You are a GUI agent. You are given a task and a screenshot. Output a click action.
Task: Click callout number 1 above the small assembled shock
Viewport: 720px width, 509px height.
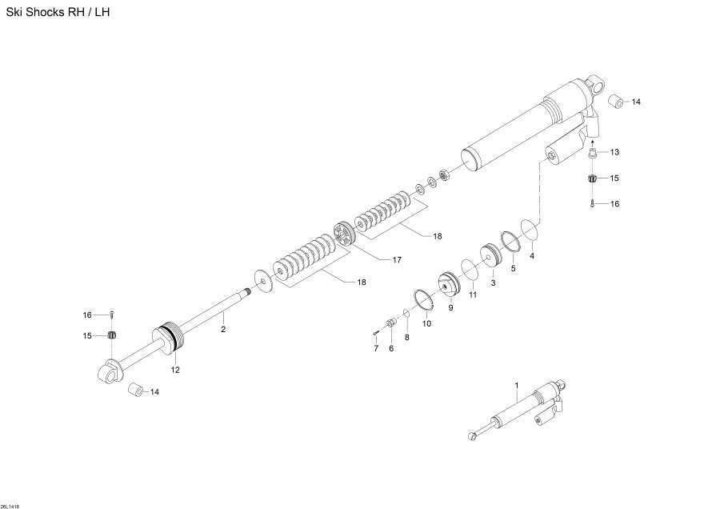tap(517, 385)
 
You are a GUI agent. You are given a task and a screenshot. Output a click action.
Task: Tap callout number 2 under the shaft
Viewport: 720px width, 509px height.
tap(223, 329)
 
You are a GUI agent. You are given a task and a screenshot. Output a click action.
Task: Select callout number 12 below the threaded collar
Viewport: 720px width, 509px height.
tap(175, 369)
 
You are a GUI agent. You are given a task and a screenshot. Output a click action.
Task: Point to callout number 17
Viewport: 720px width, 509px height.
tap(396, 259)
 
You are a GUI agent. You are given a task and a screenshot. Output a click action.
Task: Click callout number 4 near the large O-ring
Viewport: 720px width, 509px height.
tap(532, 256)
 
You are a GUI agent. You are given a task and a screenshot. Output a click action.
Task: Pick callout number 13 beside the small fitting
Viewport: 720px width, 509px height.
tap(614, 152)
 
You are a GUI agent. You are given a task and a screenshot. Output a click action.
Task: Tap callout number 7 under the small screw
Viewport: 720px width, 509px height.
tap(374, 348)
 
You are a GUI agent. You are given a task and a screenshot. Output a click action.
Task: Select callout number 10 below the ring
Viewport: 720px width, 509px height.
tap(426, 323)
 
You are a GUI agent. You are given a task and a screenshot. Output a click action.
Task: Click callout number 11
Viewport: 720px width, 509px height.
tap(473, 295)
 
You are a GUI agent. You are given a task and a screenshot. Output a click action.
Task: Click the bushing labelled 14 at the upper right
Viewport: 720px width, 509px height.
tap(615, 102)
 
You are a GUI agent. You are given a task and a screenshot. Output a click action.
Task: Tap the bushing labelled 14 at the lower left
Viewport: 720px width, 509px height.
tap(137, 390)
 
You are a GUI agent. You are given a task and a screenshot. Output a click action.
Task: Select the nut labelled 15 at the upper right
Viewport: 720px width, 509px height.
tap(593, 178)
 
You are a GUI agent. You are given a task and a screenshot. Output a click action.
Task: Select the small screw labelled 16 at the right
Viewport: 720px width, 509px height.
tap(593, 204)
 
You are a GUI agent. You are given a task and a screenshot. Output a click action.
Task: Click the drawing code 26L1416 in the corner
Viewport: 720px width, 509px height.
tap(11, 505)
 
